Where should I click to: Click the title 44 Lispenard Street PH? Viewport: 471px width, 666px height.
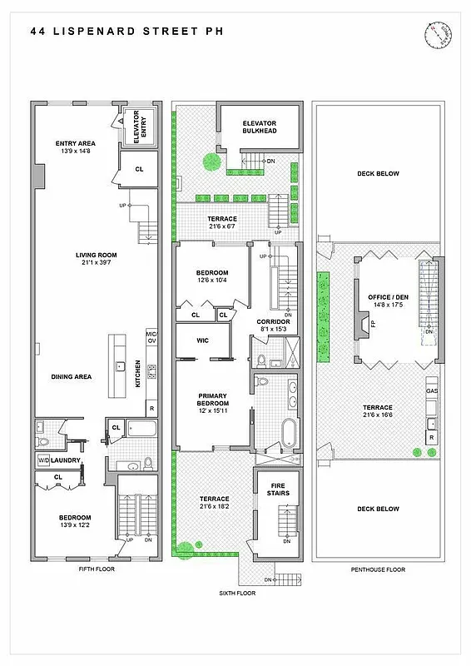pos(126,32)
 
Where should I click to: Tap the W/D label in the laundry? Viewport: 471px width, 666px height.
pos(43,460)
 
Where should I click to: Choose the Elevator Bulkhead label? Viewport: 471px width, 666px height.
pos(259,127)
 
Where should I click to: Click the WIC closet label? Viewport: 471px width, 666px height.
pos(202,340)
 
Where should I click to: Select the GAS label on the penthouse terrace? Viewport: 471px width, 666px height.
pos(432,390)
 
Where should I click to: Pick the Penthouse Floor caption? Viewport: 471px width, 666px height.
pos(379,569)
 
